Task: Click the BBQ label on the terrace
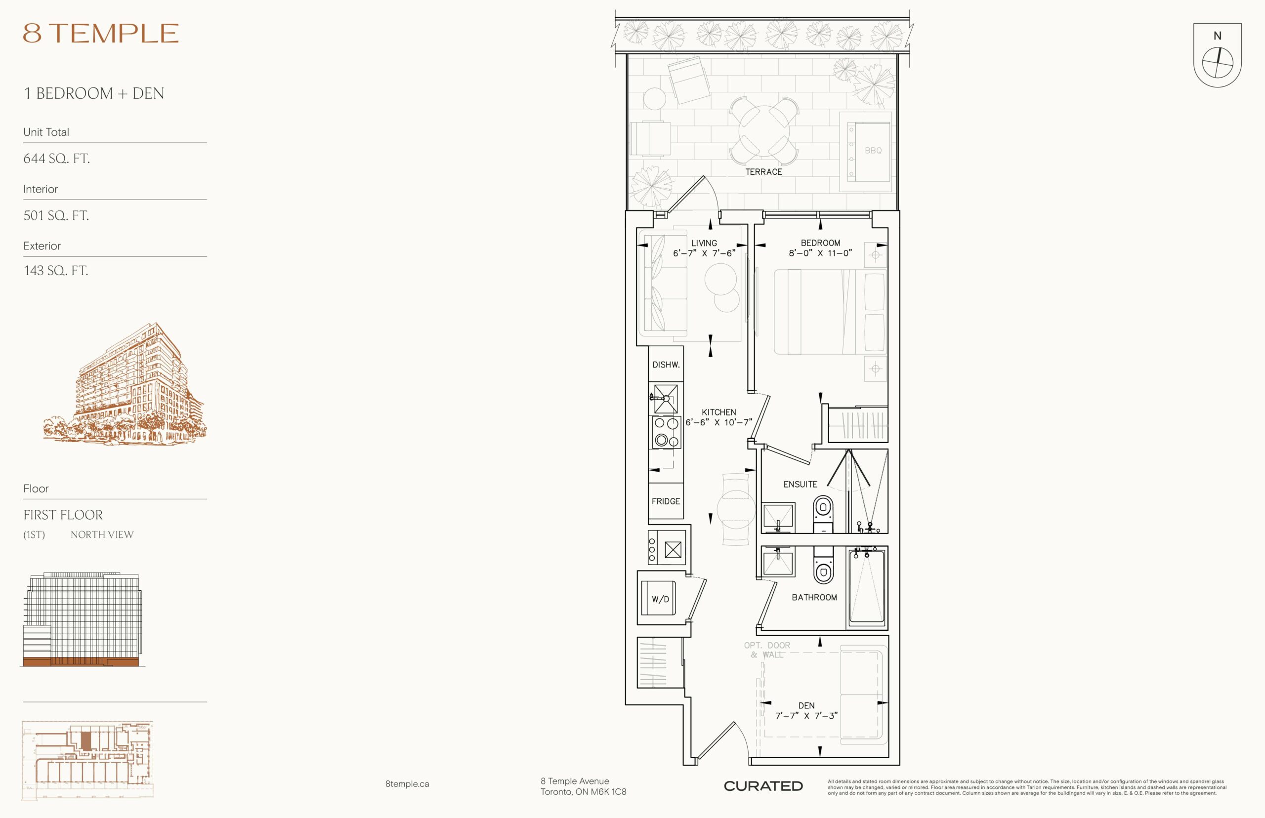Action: pyautogui.click(x=873, y=150)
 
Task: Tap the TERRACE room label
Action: pyautogui.click(x=763, y=171)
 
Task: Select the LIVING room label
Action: pyautogui.click(x=704, y=243)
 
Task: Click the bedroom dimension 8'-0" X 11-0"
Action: pyautogui.click(x=820, y=253)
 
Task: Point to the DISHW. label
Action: pyautogui.click(x=666, y=365)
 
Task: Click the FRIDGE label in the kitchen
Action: pyautogui.click(x=666, y=501)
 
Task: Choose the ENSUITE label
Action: pyautogui.click(x=800, y=484)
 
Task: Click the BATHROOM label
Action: pyautogui.click(x=814, y=597)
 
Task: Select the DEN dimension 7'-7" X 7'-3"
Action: pyautogui.click(x=806, y=715)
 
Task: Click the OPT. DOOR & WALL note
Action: pyautogui.click(x=766, y=650)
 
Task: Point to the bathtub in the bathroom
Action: pyautogui.click(x=867, y=587)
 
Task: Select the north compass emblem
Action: pyautogui.click(x=1217, y=55)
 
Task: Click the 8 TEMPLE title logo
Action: pyautogui.click(x=100, y=33)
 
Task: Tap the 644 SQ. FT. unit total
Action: pyautogui.click(x=56, y=158)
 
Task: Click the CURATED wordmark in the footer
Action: pyautogui.click(x=763, y=786)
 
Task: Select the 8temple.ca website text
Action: pyautogui.click(x=407, y=783)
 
